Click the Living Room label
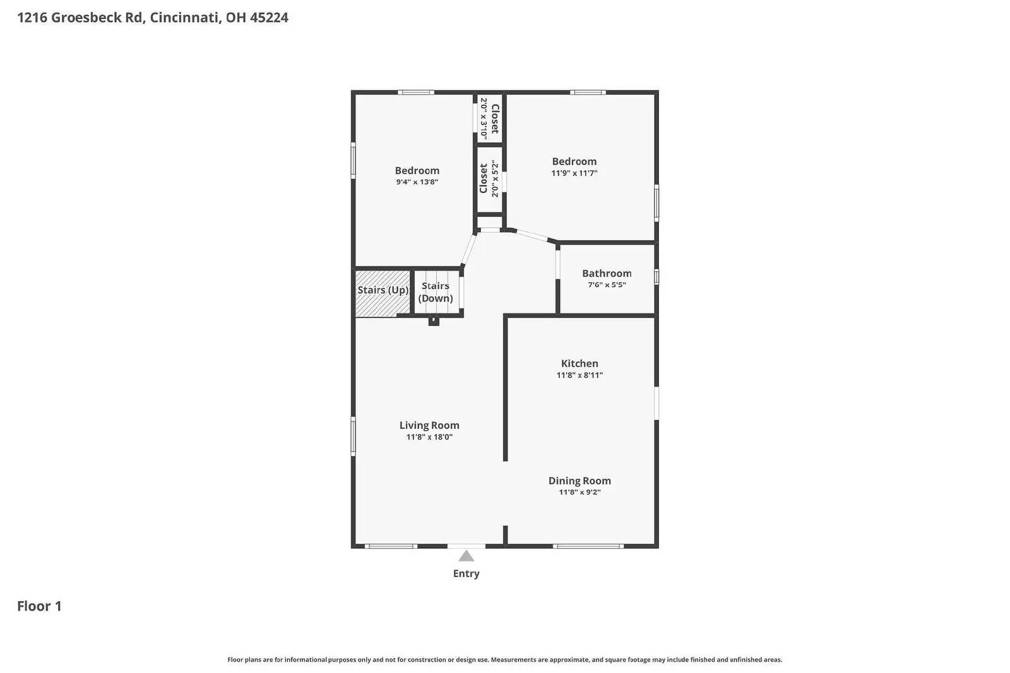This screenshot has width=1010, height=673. tap(429, 425)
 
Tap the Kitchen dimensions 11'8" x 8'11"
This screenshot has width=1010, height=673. tap(579, 375)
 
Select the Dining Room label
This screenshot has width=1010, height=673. tap(579, 481)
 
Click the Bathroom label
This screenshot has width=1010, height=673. tap(607, 273)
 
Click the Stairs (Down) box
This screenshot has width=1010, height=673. tap(436, 292)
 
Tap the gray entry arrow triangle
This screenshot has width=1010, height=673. tap(466, 556)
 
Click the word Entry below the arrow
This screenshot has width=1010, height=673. tap(466, 573)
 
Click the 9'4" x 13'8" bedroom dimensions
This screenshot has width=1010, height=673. tap(417, 182)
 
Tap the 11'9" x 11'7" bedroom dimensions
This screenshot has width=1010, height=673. tap(574, 173)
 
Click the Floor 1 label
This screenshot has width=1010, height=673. tap(39, 606)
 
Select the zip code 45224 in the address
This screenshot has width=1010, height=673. tap(269, 18)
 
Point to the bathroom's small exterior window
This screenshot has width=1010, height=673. tap(656, 277)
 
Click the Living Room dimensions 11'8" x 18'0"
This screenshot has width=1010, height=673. tap(429, 437)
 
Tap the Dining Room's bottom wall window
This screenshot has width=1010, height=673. tap(588, 546)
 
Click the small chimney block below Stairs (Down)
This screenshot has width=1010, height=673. tap(434, 322)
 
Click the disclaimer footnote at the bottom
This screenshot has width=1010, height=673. tap(505, 660)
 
